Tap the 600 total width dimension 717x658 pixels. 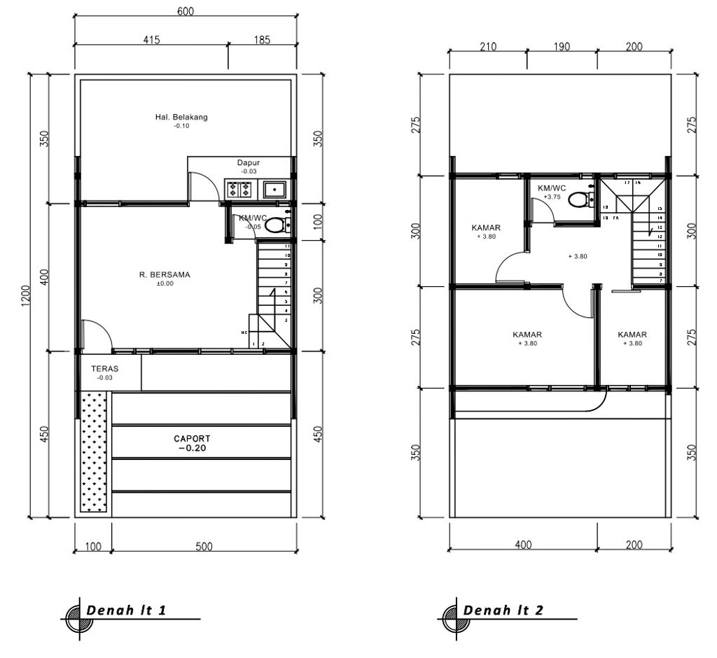[186, 11]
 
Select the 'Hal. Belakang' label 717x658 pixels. [181, 117]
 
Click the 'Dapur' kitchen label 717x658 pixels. [248, 163]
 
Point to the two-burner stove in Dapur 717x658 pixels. [239, 189]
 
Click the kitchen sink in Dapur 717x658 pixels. [273, 189]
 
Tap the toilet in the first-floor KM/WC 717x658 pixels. [277, 225]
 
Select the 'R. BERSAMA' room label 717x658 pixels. [165, 275]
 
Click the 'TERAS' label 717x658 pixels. [104, 368]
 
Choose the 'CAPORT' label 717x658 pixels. [192, 439]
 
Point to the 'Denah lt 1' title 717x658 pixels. [126, 610]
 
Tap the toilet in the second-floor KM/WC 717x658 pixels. [578, 200]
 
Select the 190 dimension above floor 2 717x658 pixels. [562, 47]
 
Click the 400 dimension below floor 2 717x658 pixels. [523, 545]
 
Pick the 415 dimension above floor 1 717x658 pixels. [152, 40]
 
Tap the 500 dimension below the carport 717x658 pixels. [203, 547]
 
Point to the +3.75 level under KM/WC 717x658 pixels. [552, 197]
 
